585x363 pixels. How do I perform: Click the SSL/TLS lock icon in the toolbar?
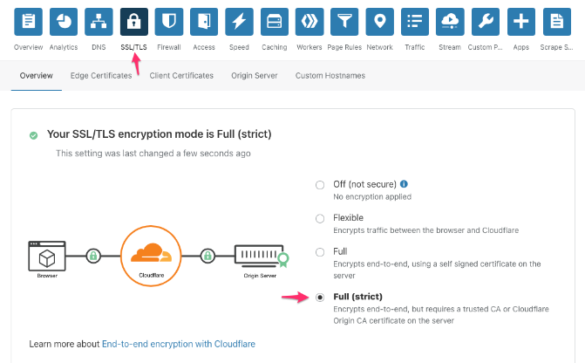click(x=133, y=22)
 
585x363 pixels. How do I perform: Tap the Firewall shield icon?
click(x=169, y=22)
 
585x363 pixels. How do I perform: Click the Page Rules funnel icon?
click(x=344, y=22)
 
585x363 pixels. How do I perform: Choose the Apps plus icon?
click(x=521, y=22)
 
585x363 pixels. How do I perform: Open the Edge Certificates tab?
click(x=101, y=76)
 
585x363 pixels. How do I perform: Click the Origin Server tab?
click(x=255, y=76)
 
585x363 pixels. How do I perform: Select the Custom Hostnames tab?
click(x=330, y=76)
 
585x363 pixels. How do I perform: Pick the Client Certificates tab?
click(x=181, y=76)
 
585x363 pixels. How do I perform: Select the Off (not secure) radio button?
click(x=320, y=185)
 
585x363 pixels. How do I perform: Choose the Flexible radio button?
click(x=320, y=218)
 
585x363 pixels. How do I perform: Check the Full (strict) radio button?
click(x=320, y=297)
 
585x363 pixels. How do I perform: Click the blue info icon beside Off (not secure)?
click(x=404, y=184)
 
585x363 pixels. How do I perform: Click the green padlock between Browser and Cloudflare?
click(x=93, y=256)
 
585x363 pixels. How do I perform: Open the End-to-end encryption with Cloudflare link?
click(x=178, y=345)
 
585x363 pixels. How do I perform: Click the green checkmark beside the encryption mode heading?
click(x=33, y=135)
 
